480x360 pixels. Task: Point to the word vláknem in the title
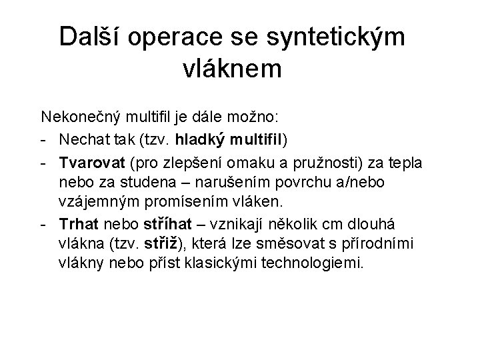click(x=232, y=69)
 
